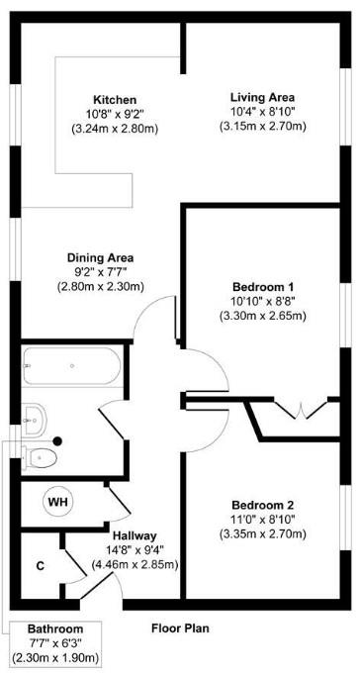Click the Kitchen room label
[114, 100]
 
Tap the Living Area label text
[263, 97]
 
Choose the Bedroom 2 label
[263, 504]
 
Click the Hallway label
[134, 535]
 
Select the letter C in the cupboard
[40, 566]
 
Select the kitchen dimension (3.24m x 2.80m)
[114, 130]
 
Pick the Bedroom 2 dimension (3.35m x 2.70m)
[263, 534]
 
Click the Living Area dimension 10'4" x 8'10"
[263, 112]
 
